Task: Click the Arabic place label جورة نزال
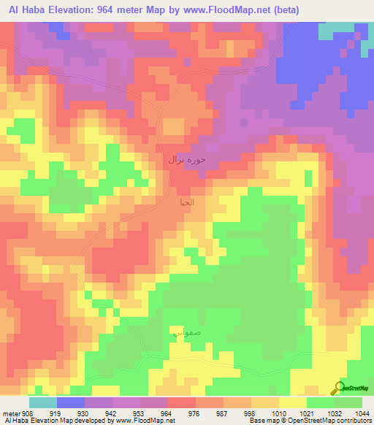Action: pyautogui.click(x=187, y=159)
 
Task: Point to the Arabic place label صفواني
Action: pyautogui.click(x=184, y=332)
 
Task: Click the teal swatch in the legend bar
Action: pyautogui.click(x=43, y=402)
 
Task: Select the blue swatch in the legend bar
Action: pyautogui.click(x=71, y=402)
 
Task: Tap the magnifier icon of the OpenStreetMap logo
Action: pyautogui.click(x=338, y=388)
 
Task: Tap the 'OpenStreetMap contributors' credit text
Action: pyautogui.click(x=335, y=421)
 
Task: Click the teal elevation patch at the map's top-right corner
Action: pyautogui.click(x=337, y=26)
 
